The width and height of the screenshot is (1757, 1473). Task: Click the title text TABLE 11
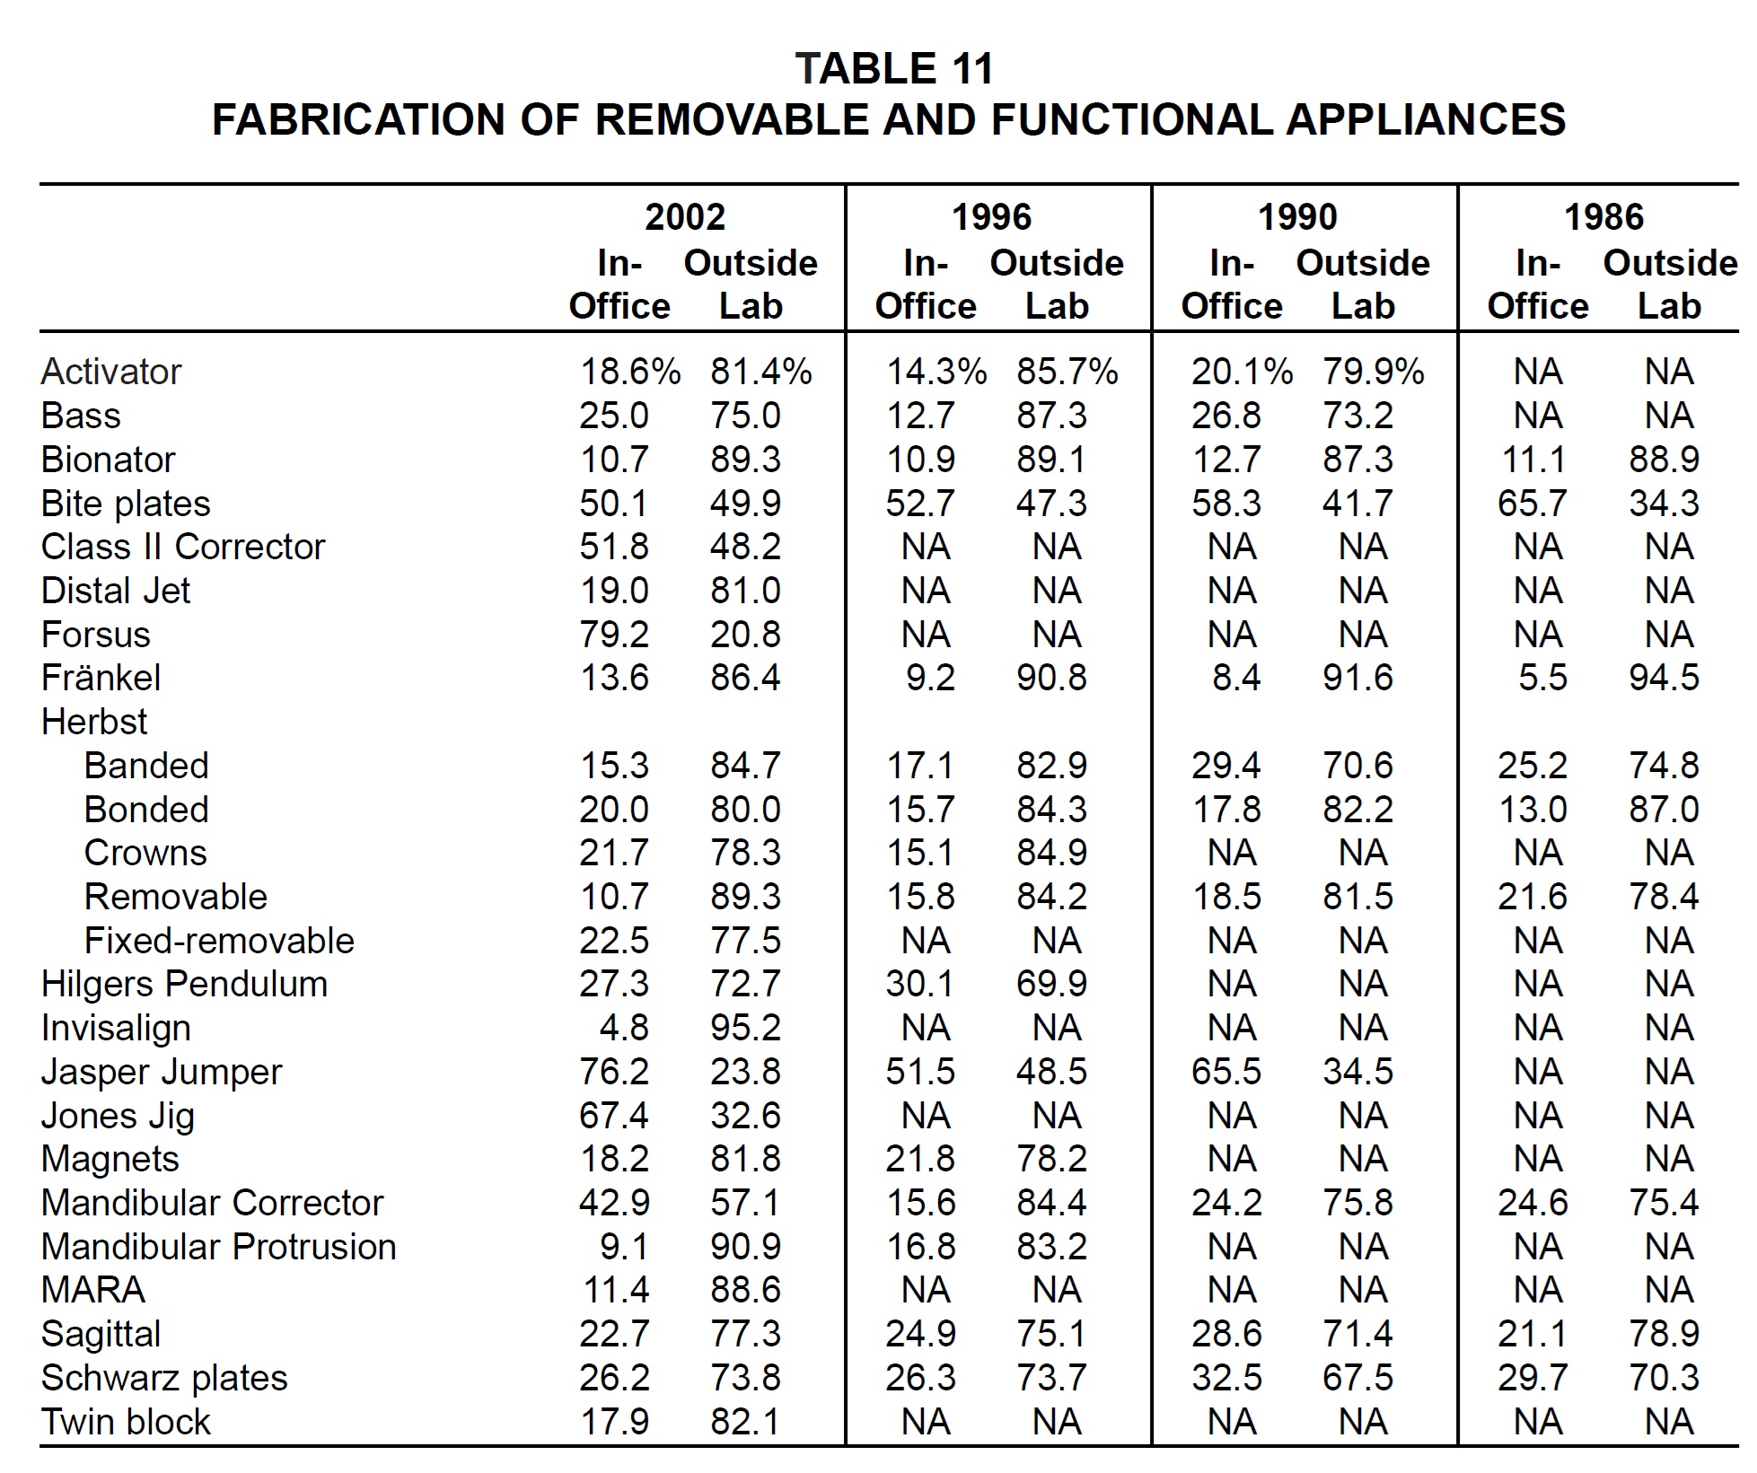[894, 69]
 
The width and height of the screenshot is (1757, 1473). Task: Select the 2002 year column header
[685, 217]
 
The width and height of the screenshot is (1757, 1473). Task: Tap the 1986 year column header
[1603, 217]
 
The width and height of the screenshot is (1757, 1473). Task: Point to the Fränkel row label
[101, 678]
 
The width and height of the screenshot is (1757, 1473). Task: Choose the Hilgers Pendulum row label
[184, 985]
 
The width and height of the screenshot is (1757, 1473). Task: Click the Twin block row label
[126, 1423]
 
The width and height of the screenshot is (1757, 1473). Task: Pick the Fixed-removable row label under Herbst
[219, 941]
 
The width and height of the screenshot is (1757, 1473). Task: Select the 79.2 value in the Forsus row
[614, 635]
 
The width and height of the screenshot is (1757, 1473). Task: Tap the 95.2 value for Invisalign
[745, 1028]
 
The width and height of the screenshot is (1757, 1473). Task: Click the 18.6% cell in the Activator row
[630, 372]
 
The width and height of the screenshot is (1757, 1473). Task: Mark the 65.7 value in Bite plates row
[1533, 504]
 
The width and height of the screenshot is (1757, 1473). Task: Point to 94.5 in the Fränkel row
[1665, 678]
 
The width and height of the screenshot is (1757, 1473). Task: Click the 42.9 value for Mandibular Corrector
[614, 1203]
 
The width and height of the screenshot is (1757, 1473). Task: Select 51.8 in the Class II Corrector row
[614, 547]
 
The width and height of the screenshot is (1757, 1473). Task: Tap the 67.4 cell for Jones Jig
[614, 1116]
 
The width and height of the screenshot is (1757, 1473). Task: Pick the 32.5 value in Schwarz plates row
[1226, 1378]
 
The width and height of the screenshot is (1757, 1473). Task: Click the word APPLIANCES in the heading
[1426, 119]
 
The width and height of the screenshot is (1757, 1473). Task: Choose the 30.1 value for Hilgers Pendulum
[920, 985]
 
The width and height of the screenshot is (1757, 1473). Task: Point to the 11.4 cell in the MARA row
[616, 1291]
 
